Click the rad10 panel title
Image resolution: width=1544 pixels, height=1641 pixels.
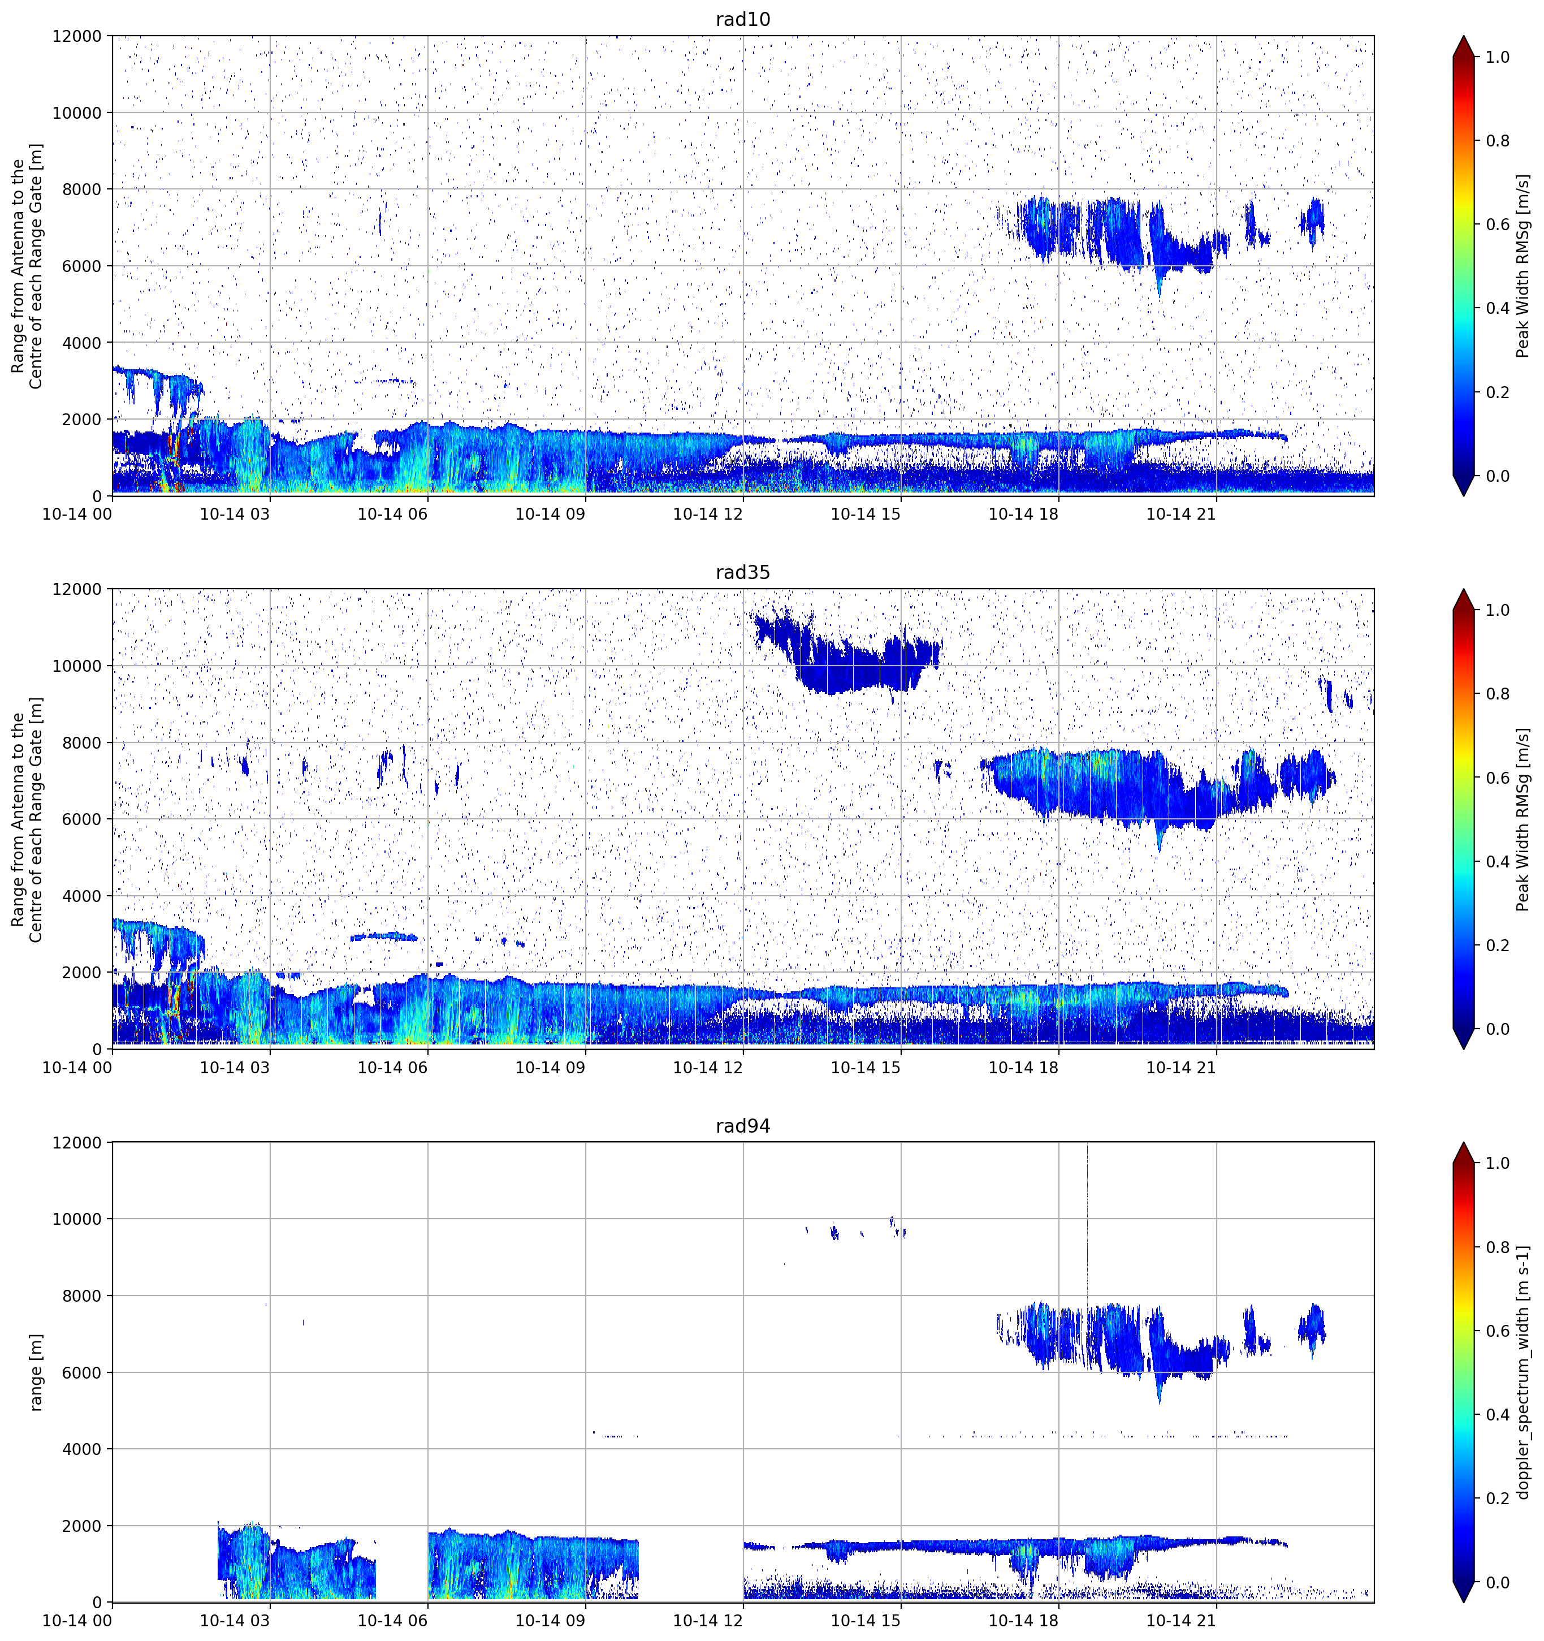pos(743,19)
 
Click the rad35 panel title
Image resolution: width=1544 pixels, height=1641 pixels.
pos(743,573)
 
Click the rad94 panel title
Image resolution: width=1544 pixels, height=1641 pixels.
pos(743,1126)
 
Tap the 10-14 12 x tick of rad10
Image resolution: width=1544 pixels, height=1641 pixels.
pos(708,514)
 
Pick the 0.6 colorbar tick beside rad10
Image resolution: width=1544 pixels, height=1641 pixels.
pos(1498,224)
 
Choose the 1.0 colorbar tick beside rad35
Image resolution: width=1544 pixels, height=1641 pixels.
pos(1498,610)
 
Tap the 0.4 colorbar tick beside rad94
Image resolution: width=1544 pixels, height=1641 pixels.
pos(1498,1415)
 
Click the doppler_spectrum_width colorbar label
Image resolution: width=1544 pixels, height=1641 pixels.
pos(1524,1372)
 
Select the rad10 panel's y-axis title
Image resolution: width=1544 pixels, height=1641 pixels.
pos(27,266)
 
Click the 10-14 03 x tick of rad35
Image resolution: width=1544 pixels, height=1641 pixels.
pos(235,1067)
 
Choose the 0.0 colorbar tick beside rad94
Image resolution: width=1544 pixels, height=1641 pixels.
pos(1498,1582)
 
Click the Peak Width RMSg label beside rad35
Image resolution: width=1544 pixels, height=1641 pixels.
pos(1524,819)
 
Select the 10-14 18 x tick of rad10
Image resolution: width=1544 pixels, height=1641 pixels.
pos(1023,514)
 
